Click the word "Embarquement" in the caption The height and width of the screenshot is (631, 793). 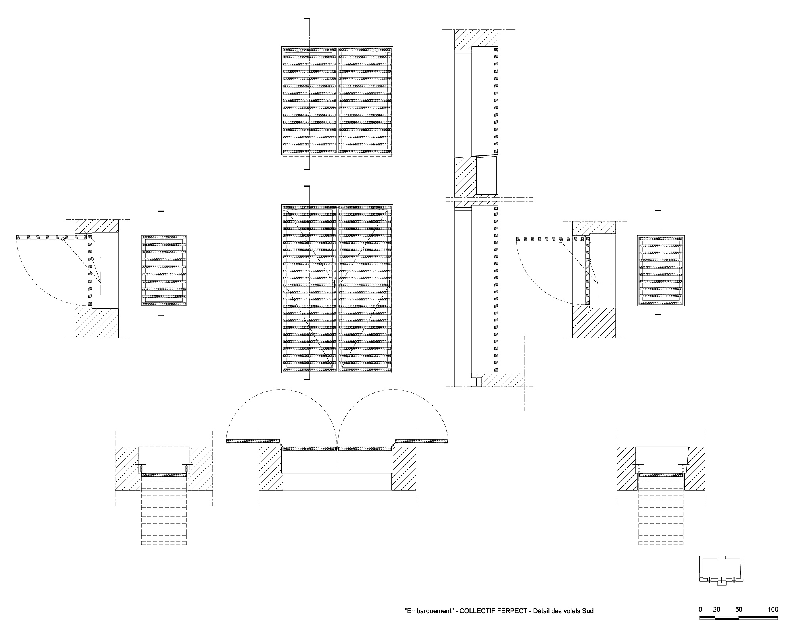429,611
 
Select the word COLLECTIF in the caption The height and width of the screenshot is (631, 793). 477,611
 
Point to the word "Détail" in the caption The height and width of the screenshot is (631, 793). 542,611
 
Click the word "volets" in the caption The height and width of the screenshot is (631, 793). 573,611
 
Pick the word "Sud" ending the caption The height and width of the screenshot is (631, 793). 588,611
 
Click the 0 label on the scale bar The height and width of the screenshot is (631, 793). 701,609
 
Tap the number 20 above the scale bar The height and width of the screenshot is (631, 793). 716,609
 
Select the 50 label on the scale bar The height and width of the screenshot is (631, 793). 738,609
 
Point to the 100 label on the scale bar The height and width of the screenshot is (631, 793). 773,609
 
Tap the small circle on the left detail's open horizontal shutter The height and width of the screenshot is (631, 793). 63,239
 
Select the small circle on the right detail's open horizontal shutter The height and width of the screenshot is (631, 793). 560,240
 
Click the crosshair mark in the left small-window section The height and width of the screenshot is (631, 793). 102,283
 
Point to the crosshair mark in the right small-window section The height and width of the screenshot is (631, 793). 598,284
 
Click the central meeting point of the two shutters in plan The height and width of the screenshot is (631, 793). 337,449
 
